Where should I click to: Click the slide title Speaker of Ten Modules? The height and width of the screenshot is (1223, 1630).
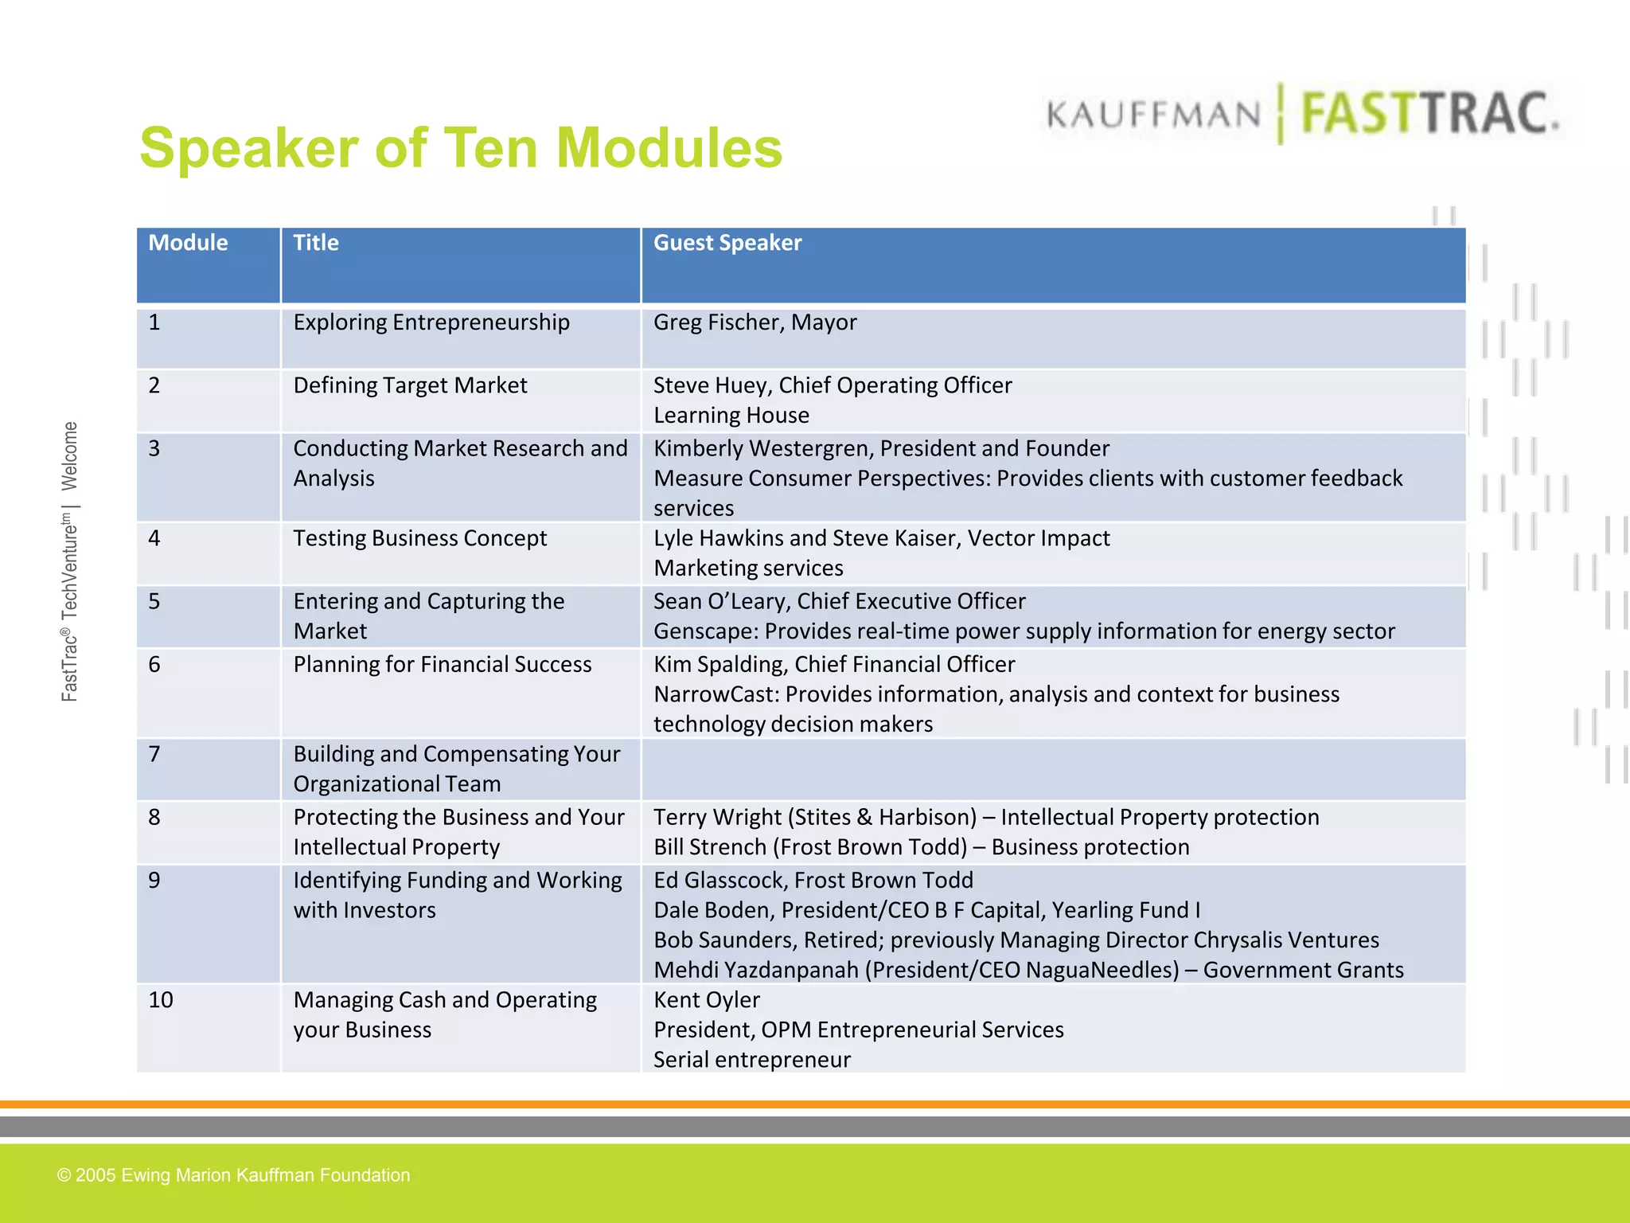pos(461,149)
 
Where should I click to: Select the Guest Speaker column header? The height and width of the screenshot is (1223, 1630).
pos(727,243)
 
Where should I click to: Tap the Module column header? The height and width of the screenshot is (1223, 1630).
pos(188,243)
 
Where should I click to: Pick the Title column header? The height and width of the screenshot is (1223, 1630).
pos(316,243)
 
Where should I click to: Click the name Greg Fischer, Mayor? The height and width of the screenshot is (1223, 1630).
pos(755,322)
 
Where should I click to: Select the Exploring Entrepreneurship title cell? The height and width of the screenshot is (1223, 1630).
pos(431,322)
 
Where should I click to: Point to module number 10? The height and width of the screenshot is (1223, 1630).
pos(161,1000)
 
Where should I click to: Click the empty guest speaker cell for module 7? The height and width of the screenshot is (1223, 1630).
pos(1052,769)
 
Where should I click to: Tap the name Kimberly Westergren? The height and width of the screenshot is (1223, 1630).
pos(762,448)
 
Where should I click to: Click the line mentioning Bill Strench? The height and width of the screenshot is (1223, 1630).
pos(921,847)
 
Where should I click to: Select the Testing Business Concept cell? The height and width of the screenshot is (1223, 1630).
pos(419,538)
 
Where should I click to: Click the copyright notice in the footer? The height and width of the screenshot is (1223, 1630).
pos(233,1175)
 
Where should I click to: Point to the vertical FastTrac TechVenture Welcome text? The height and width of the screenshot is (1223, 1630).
pos(70,561)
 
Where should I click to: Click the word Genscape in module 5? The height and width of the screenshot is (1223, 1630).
pos(704,631)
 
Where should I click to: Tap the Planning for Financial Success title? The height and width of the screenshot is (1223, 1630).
pos(442,665)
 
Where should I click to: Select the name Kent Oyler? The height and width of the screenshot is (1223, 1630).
pos(706,1000)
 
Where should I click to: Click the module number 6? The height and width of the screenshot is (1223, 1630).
pos(154,665)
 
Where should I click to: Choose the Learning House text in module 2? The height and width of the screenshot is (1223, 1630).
pos(731,416)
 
